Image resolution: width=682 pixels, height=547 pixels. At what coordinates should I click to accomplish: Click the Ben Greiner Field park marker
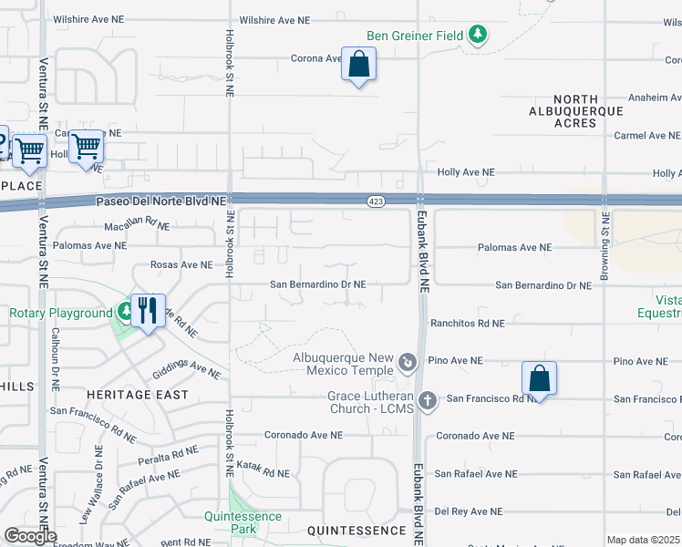[478, 36]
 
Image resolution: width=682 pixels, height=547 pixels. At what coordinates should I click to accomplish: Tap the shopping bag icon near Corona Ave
[359, 65]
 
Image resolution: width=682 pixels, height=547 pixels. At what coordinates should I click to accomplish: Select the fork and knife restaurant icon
[147, 312]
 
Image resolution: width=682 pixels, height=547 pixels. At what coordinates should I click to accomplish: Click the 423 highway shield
[376, 201]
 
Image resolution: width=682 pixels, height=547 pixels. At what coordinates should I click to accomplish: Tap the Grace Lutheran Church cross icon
[427, 399]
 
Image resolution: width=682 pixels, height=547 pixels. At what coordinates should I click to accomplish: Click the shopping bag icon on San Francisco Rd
[540, 379]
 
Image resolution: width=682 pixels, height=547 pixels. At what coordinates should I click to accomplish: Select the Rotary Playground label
[61, 314]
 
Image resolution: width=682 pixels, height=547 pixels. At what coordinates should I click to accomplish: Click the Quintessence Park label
[243, 522]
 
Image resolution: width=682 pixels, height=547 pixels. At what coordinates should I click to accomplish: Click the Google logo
[30, 536]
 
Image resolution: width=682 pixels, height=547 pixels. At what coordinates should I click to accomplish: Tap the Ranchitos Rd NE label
[467, 323]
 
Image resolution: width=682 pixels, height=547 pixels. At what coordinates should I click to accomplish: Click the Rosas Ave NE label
[181, 265]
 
